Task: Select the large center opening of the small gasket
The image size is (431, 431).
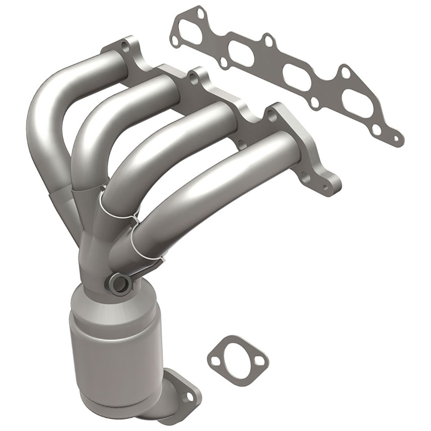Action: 237,356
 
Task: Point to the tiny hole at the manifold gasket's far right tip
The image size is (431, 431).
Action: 395,138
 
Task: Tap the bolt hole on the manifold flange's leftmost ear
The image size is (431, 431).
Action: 125,45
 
